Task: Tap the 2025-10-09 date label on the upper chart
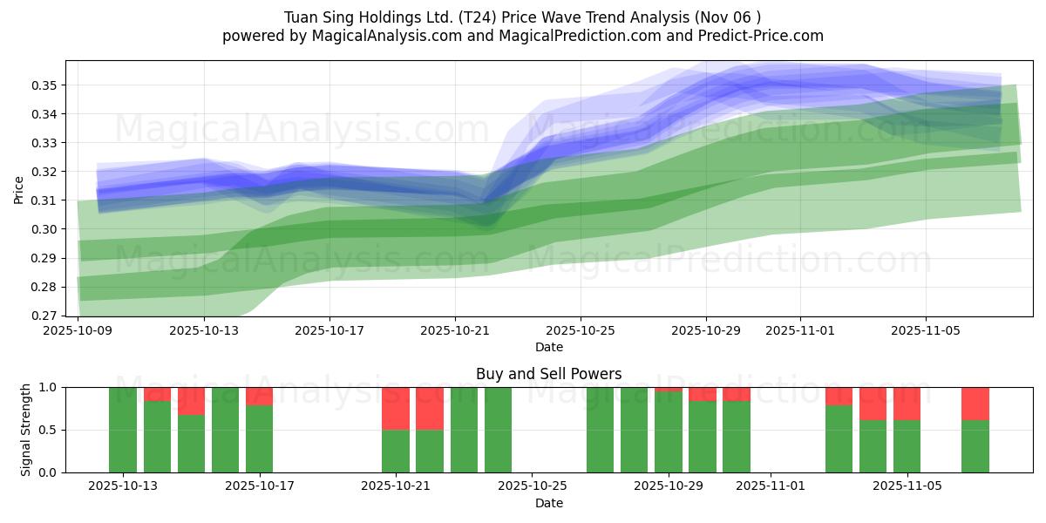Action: (x=78, y=331)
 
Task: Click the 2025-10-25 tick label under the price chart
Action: (x=581, y=331)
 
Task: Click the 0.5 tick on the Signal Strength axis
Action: (x=49, y=430)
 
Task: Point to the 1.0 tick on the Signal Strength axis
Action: (x=49, y=387)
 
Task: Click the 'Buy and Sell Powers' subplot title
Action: (x=548, y=374)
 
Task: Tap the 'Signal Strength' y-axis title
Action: (x=26, y=430)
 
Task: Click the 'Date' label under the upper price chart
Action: (x=548, y=347)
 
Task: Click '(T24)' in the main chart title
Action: (x=506, y=17)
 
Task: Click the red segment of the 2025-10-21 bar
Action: (x=396, y=408)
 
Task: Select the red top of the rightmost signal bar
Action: (x=975, y=404)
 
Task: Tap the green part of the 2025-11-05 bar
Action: (x=907, y=446)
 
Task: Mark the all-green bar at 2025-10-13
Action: (x=123, y=430)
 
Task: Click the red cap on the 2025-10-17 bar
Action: (x=260, y=396)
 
